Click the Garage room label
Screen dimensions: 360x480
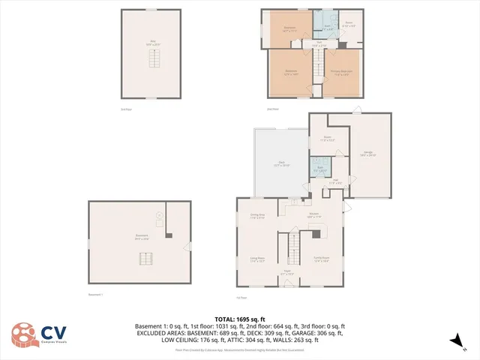click(368, 154)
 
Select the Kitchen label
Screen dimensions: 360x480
click(314, 215)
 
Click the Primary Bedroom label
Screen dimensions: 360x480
click(343, 73)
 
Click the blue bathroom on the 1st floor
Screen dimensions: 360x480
click(320, 168)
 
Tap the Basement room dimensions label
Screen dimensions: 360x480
click(141, 238)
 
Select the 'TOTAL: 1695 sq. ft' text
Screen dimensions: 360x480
click(239, 319)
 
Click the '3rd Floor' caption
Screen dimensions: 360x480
click(125, 109)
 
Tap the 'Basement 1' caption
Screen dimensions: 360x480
click(95, 295)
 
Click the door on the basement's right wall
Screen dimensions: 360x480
click(187, 246)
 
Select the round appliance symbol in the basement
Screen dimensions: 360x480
click(159, 215)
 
